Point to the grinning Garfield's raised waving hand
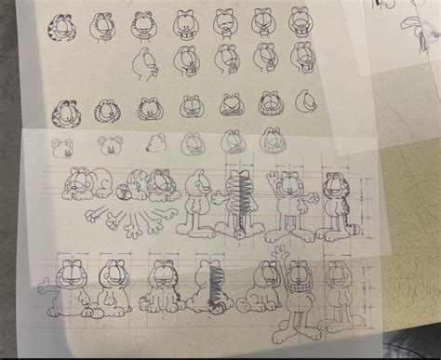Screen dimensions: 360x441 coord(276,254)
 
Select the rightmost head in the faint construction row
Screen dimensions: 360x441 coord(272,141)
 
